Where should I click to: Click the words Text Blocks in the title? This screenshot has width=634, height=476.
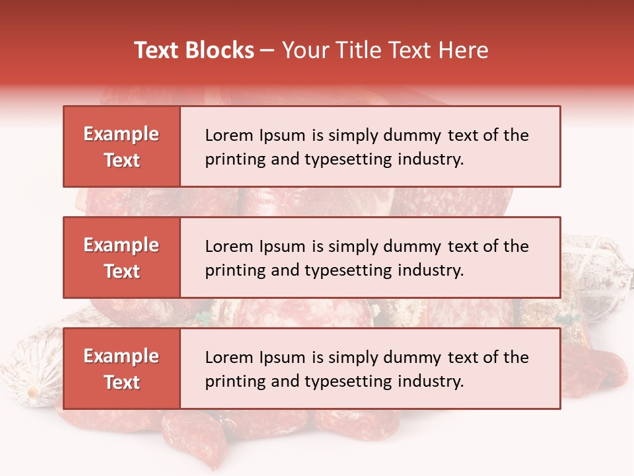(194, 50)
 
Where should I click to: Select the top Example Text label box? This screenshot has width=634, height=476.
(122, 147)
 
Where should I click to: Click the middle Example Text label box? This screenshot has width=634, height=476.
(122, 258)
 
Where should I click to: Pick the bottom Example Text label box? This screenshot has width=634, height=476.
(122, 369)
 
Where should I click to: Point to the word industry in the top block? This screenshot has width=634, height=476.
(431, 159)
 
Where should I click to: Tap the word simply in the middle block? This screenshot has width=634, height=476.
(354, 247)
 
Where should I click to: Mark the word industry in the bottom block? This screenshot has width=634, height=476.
(431, 381)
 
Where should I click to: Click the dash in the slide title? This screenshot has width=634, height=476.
(267, 50)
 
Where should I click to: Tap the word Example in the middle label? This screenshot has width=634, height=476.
(122, 245)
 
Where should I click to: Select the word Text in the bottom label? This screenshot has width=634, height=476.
(122, 382)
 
